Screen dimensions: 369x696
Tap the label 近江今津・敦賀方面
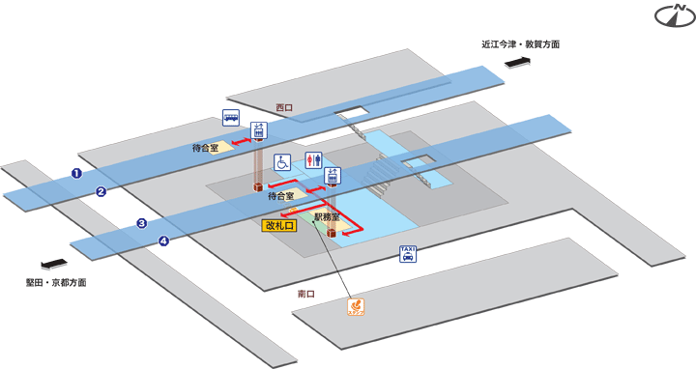pyautogui.click(x=521, y=44)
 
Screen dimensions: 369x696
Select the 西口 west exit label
pyautogui.click(x=284, y=107)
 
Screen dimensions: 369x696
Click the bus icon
pyautogui.click(x=232, y=119)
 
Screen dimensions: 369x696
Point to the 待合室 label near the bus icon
pyautogui.click(x=208, y=149)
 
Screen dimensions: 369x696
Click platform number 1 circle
pyautogui.click(x=75, y=173)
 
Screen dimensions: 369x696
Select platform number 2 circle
pyautogui.click(x=100, y=191)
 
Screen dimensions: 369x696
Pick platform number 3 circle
pyautogui.click(x=141, y=223)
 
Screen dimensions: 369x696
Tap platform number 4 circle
pyautogui.click(x=163, y=241)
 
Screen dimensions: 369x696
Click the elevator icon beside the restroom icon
pyautogui.click(x=333, y=176)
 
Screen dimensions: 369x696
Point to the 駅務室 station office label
pyautogui.click(x=327, y=219)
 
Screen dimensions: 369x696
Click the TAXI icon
pyautogui.click(x=408, y=254)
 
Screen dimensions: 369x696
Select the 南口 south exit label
pyautogui.click(x=307, y=294)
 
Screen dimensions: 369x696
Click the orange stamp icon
pyautogui.click(x=356, y=308)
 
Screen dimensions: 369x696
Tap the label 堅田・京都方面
pyautogui.click(x=56, y=284)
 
